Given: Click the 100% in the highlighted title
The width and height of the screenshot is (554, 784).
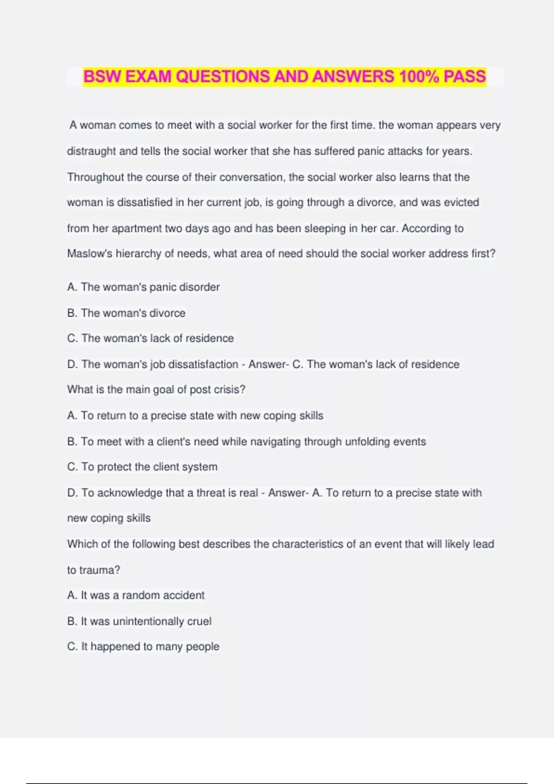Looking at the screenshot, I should (x=419, y=77).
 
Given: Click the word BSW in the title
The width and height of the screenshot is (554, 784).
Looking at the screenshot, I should (x=102, y=77).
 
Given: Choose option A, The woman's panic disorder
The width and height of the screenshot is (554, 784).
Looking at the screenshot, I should (x=143, y=287).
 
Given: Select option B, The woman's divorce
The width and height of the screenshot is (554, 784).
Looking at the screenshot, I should (x=126, y=313).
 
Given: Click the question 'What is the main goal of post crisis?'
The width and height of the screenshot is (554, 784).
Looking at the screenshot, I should (x=156, y=390).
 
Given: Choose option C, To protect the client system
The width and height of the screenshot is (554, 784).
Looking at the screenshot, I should (x=142, y=467).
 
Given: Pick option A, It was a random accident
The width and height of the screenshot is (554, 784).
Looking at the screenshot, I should (x=136, y=595).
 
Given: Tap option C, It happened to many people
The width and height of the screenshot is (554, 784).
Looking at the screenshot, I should (x=143, y=647).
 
